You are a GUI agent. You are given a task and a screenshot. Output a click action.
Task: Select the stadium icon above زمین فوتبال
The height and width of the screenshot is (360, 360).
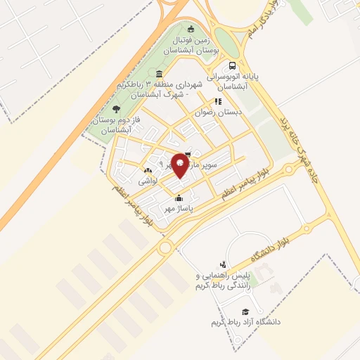point(191,28)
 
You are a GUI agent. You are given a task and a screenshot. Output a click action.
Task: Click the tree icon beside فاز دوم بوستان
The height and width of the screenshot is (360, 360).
point(116,109)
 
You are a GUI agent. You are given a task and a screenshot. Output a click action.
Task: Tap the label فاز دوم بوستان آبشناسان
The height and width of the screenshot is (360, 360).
point(111,125)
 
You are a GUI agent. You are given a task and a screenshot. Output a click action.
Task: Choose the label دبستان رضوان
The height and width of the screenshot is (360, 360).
point(219,112)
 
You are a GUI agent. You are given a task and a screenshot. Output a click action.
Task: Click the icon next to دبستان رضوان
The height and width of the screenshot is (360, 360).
point(218,101)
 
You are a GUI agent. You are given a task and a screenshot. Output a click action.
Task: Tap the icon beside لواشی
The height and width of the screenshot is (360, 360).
point(148,170)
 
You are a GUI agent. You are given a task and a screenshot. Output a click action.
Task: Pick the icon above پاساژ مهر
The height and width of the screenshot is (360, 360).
point(180,197)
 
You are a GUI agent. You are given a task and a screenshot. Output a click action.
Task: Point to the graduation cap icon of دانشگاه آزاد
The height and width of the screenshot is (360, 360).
point(245,311)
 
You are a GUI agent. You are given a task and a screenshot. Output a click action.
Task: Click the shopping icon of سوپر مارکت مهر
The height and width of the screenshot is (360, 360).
point(187,154)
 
